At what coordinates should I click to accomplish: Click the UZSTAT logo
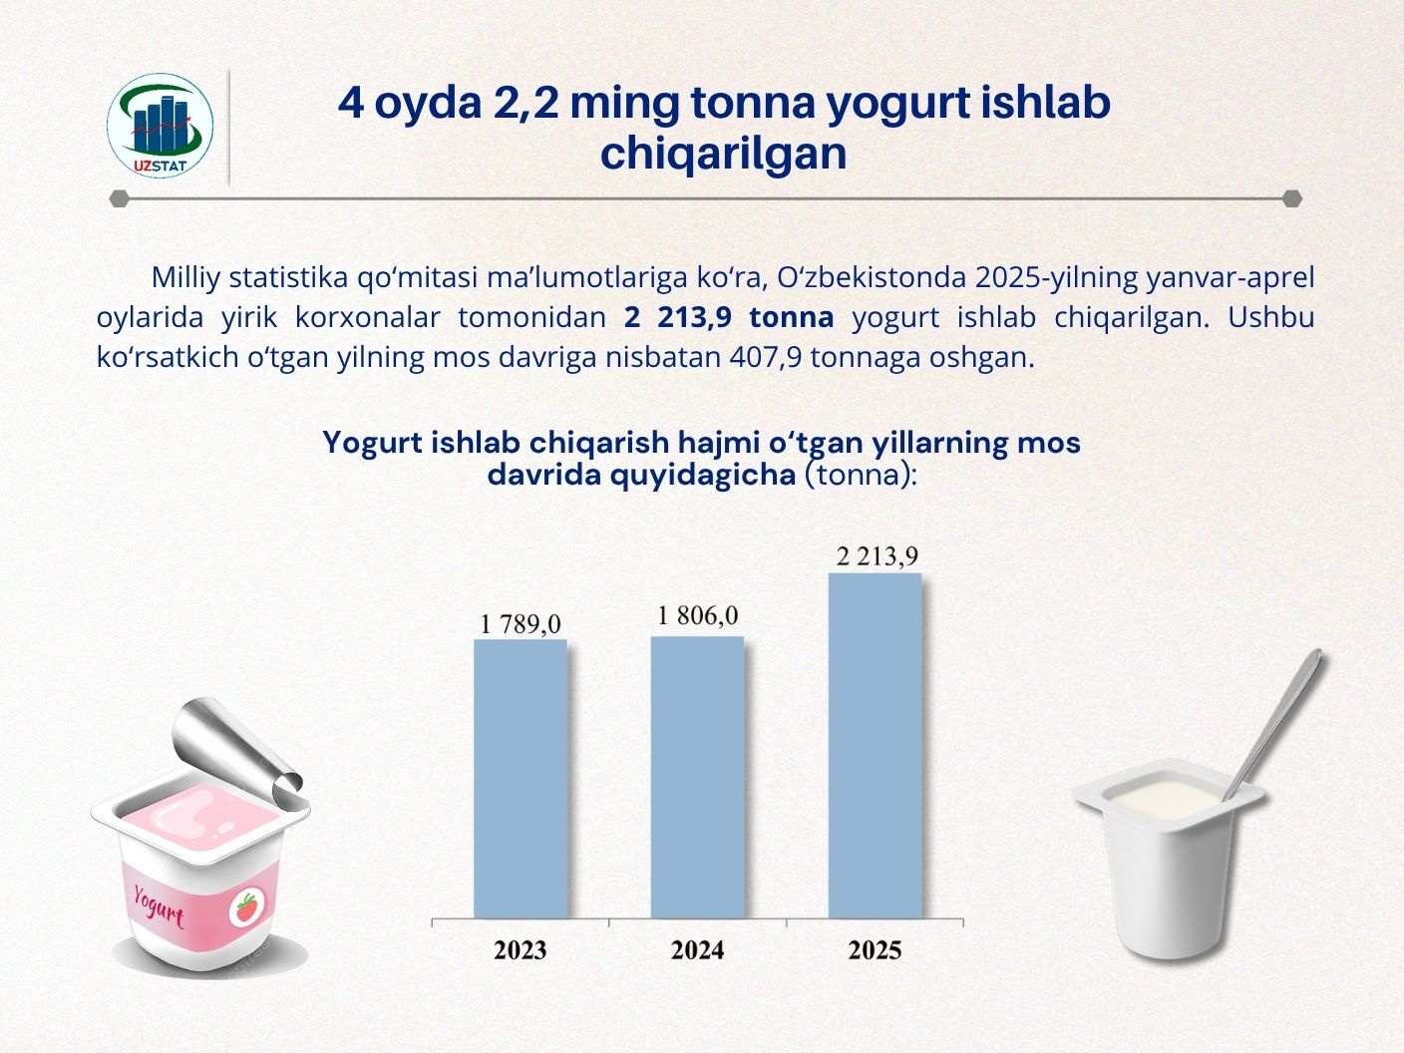[160, 126]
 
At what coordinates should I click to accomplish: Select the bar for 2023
[521, 779]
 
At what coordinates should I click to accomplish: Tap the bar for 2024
[697, 778]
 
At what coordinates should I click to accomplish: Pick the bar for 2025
[875, 746]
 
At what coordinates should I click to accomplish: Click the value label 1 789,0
[521, 624]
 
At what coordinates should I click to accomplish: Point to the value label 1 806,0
[697, 615]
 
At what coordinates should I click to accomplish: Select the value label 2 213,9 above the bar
[877, 556]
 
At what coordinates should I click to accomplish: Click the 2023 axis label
[521, 950]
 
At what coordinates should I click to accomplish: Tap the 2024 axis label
[697, 950]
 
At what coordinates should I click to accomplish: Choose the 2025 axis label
[875, 950]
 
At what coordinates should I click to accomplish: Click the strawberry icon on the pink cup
[246, 906]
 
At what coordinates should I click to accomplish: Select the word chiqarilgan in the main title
[723, 155]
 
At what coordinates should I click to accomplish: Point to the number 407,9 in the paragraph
[766, 357]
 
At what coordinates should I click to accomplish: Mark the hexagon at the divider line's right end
[1292, 198]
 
